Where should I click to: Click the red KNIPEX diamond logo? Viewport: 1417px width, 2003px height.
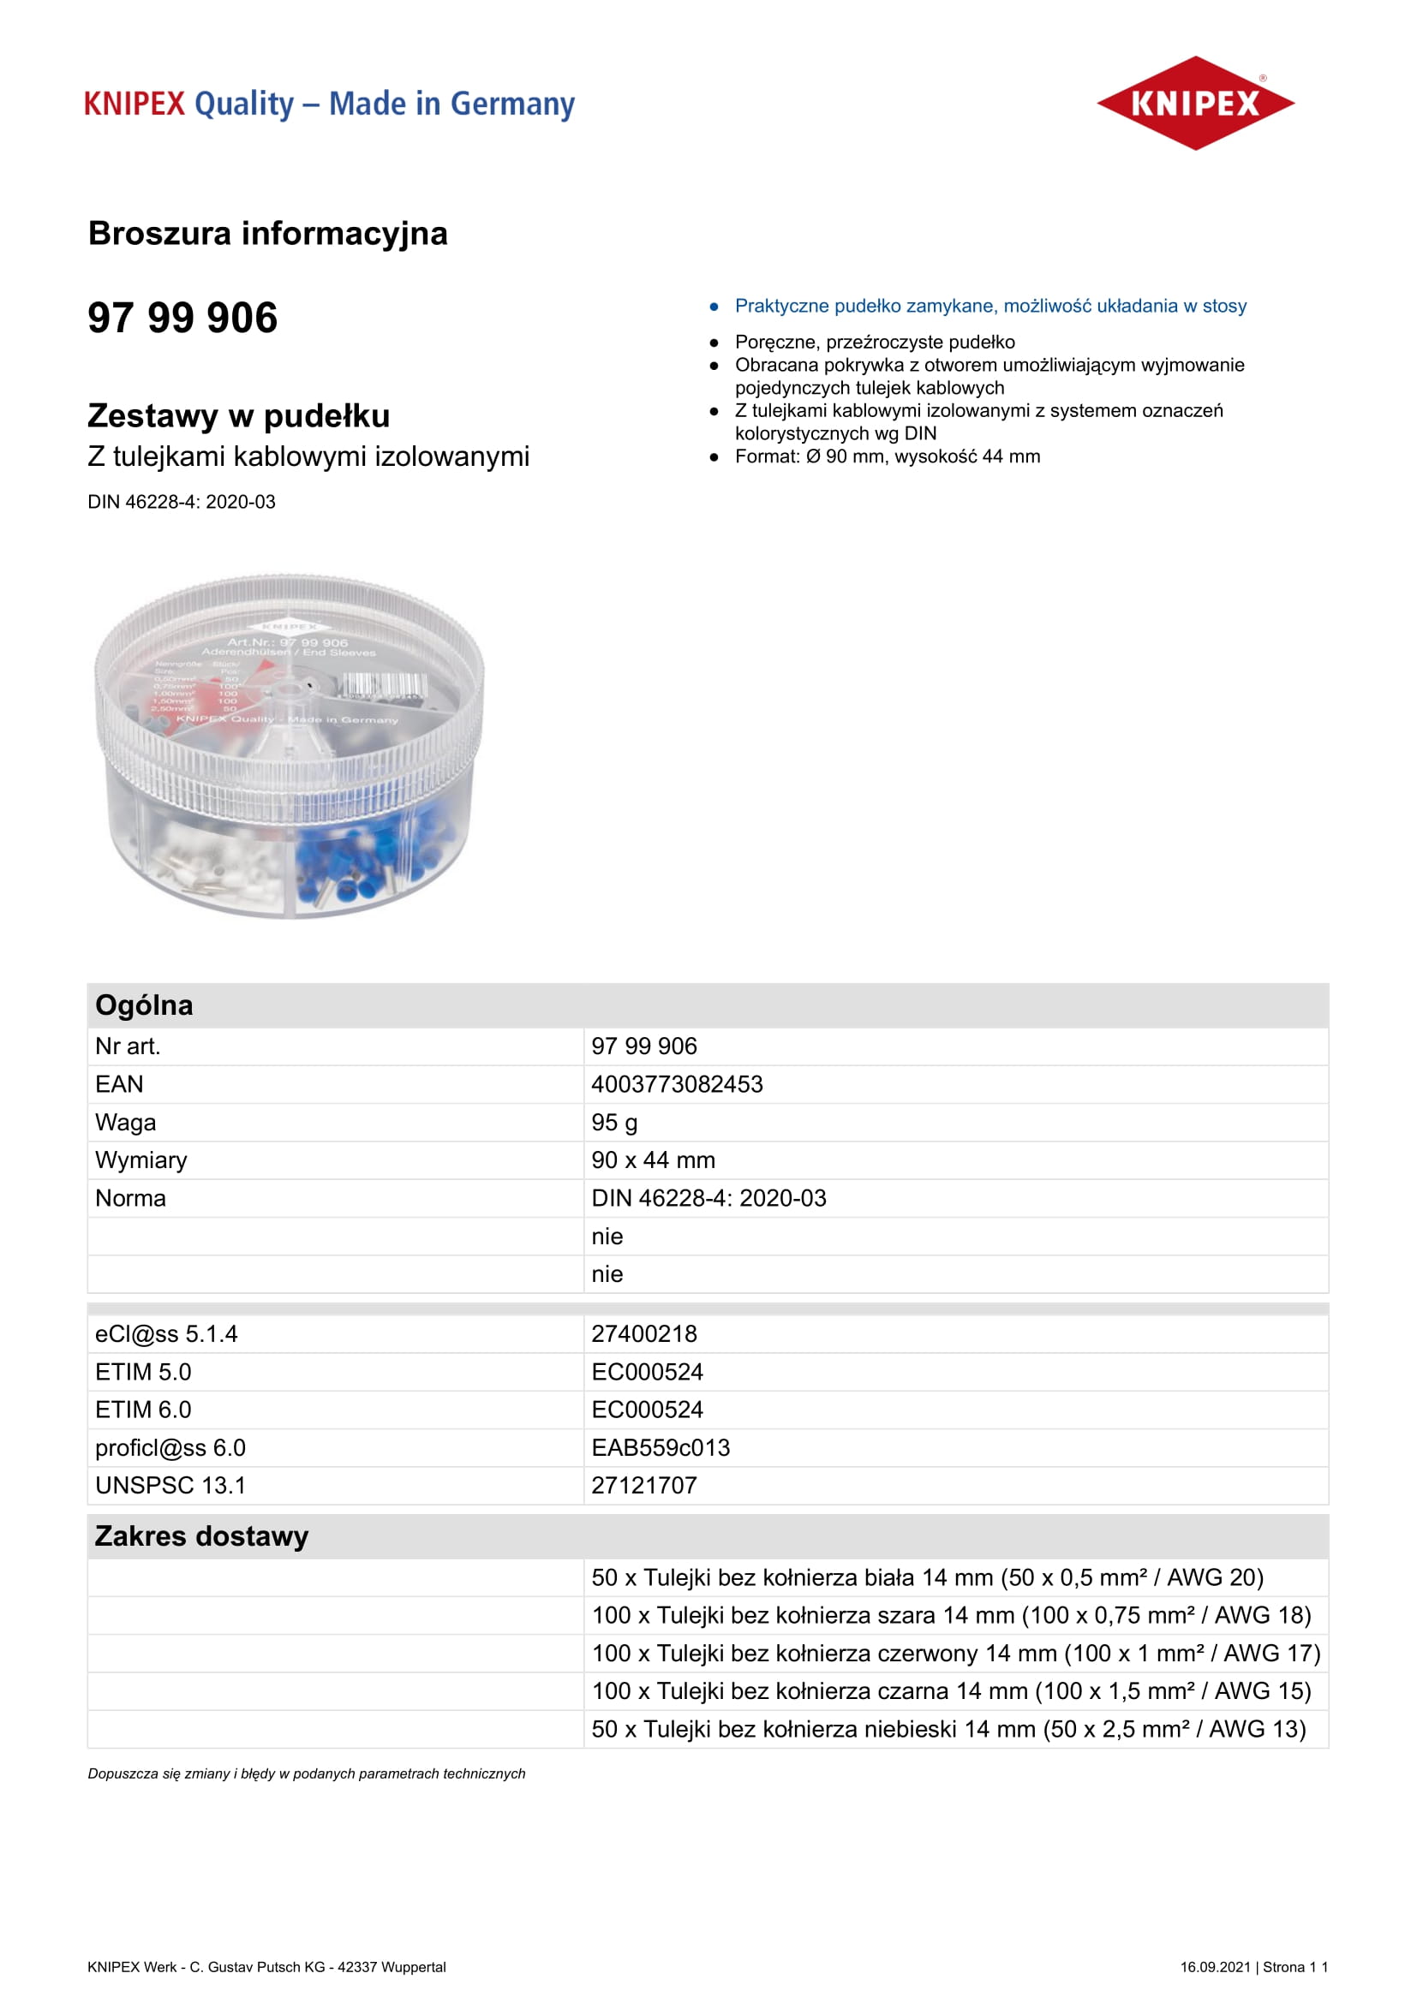[1194, 103]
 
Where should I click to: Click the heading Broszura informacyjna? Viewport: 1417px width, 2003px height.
[268, 234]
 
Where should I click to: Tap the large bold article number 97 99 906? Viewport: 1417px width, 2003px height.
[182, 318]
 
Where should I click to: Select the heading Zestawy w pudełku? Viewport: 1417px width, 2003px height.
[238, 416]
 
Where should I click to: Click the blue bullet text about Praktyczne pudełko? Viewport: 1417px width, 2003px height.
[990, 307]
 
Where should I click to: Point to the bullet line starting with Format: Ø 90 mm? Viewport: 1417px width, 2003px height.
[887, 457]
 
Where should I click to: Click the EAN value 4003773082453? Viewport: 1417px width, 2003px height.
[677, 1084]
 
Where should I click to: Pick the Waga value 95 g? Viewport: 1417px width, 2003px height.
[614, 1123]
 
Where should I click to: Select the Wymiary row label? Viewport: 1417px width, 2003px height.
[141, 1160]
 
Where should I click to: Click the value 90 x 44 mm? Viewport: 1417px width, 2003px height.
[653, 1160]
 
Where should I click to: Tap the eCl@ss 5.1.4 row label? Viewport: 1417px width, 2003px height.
[166, 1334]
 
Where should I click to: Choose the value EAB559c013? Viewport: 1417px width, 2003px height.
[661, 1448]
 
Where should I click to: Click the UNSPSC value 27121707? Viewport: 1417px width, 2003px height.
[644, 1486]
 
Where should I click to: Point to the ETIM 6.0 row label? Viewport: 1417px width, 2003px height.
[143, 1410]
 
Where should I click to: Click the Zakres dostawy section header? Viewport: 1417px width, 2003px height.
[201, 1536]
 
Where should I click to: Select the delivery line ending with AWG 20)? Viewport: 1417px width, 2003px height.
[927, 1577]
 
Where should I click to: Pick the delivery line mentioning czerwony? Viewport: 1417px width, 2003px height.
[955, 1653]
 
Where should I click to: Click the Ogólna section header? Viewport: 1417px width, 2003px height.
[144, 1005]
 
